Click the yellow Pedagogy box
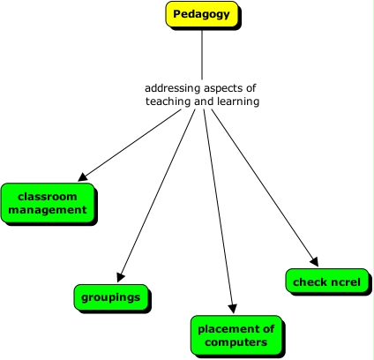coord(202,15)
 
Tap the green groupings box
coord(110,297)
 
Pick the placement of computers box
coord(236,335)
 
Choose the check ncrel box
coord(327,281)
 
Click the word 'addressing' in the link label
coord(171,88)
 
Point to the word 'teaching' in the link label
coord(168,101)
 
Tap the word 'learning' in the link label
coord(237,101)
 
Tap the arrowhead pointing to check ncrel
coord(313,260)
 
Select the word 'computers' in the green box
coord(236,342)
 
